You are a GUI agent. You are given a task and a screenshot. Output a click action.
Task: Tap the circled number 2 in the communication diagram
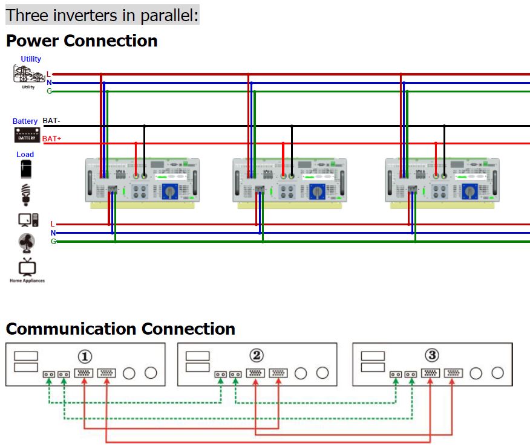point(257,355)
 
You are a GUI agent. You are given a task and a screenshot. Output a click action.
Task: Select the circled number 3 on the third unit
point(432,355)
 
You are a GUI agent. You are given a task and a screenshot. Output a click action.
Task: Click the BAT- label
point(51,121)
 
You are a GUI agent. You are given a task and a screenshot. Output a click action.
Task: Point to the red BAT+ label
point(51,139)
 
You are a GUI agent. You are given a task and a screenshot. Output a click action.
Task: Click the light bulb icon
point(25,195)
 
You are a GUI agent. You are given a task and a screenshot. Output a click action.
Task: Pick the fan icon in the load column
point(27,242)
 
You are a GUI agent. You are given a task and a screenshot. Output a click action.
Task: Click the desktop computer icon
point(28,219)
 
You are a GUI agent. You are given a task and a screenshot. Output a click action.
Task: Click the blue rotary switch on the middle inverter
point(317,192)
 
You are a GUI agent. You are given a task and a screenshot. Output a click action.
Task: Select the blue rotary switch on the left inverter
point(169,192)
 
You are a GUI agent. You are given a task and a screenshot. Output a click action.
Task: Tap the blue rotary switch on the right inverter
point(469,192)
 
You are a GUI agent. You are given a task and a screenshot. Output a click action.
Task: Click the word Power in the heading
point(32,41)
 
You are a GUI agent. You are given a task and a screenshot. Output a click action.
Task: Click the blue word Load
point(25,155)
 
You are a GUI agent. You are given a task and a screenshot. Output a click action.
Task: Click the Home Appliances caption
point(27,281)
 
